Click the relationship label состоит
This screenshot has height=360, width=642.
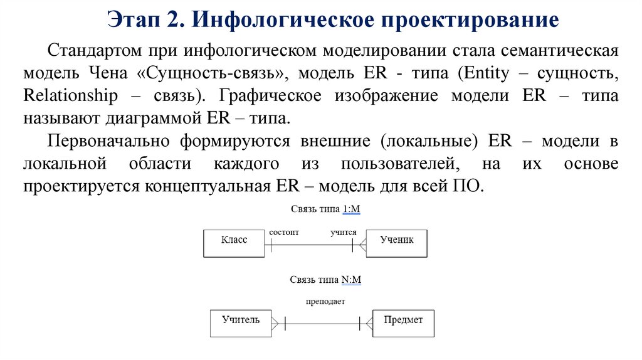tap(284, 232)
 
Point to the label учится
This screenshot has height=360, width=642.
tap(344, 232)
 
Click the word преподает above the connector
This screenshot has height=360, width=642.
tap(325, 302)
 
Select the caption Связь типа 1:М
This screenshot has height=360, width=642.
tap(325, 208)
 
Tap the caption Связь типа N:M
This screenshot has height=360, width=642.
tap(325, 280)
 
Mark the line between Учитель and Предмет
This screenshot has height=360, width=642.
tap(322, 324)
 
